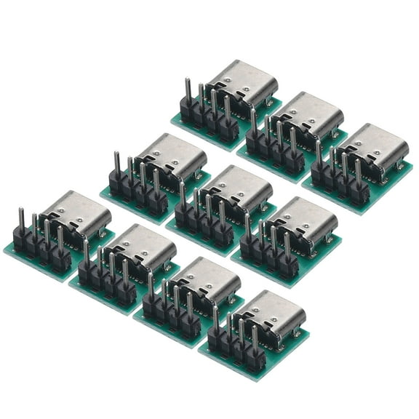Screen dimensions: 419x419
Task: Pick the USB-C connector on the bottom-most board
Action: (x=274, y=313)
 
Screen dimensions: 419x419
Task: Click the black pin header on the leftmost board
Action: (x=41, y=248)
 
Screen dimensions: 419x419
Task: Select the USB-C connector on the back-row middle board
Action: (x=308, y=114)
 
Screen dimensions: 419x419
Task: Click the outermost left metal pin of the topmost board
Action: (x=188, y=89)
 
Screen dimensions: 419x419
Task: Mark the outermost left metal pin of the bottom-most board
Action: (x=215, y=316)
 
